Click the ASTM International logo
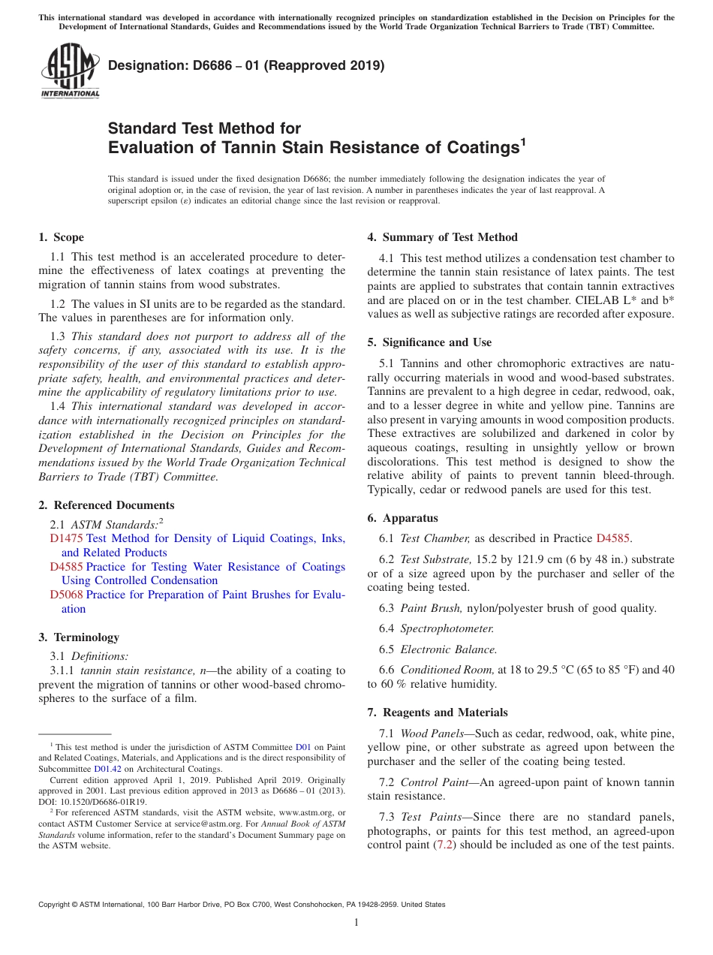point(70,71)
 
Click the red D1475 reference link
point(66,538)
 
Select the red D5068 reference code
point(66,595)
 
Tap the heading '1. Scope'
point(61,237)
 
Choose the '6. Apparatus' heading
point(402,518)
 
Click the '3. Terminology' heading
point(79,637)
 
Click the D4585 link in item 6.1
point(613,538)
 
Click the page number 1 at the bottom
point(356,922)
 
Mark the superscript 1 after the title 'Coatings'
point(523,140)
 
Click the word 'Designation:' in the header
point(142,65)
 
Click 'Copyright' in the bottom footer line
point(57,905)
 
